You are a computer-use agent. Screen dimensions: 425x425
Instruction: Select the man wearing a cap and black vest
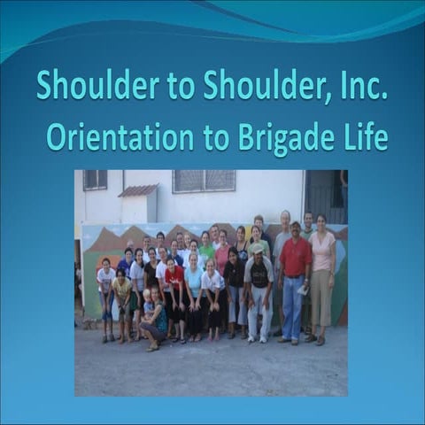pos(259,288)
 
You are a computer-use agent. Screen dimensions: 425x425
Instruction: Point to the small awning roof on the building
pos(138,189)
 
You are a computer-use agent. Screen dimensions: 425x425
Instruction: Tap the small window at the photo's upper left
pos(95,180)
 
